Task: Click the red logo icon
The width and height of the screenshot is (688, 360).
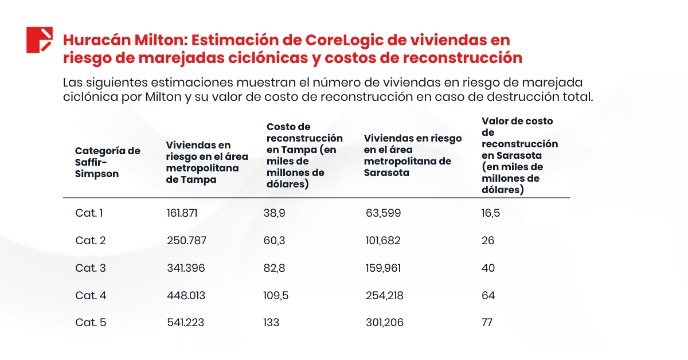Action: (x=40, y=40)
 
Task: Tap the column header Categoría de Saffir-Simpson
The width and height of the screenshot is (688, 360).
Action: (x=107, y=162)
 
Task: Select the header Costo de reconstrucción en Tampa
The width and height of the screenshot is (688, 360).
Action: (x=304, y=155)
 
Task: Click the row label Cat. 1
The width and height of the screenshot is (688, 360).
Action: (x=89, y=213)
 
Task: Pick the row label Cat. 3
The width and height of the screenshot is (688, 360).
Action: (x=90, y=268)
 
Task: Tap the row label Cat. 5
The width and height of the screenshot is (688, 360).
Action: (x=90, y=323)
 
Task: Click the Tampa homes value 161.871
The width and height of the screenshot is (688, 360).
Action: (x=182, y=213)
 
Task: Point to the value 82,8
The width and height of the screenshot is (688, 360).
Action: (x=274, y=268)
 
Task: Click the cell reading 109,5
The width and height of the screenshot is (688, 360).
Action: (x=276, y=296)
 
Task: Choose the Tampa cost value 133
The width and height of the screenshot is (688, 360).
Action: (x=271, y=323)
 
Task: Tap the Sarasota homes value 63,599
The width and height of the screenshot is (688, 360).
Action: (x=383, y=213)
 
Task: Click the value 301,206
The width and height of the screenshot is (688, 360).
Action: (x=384, y=323)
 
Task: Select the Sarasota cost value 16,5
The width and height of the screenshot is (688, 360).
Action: (x=491, y=213)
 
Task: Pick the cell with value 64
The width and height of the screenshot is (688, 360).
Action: (x=488, y=296)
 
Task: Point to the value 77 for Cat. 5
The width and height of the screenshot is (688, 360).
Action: (x=487, y=323)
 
